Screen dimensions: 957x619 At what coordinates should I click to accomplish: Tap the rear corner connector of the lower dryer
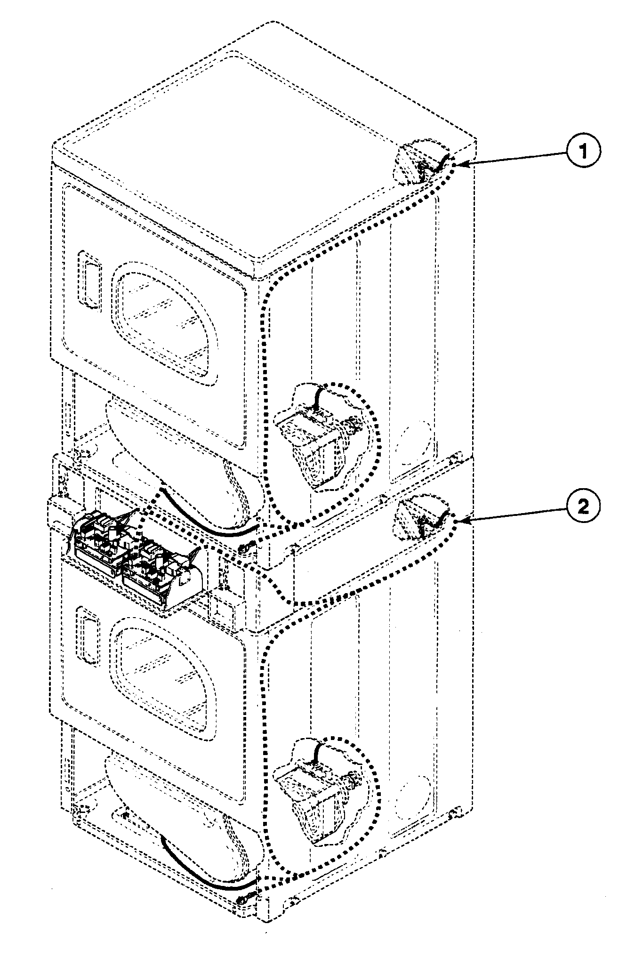pyautogui.click(x=420, y=518)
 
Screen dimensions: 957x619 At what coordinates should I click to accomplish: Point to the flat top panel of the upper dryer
pyautogui.click(x=264, y=141)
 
